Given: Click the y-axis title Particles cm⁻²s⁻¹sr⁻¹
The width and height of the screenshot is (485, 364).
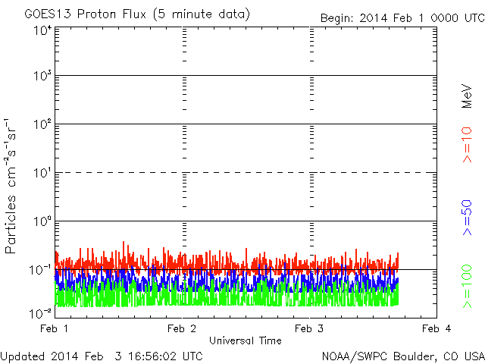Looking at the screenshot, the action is pyautogui.click(x=11, y=187).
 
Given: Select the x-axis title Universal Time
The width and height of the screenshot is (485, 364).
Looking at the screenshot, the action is pyautogui.click(x=246, y=340).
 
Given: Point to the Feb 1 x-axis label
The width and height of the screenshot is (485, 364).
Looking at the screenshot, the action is pyautogui.click(x=54, y=328).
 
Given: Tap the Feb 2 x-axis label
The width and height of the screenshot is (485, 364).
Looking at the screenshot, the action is pyautogui.click(x=182, y=328).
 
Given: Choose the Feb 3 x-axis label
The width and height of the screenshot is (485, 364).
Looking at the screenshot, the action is pyautogui.click(x=309, y=328).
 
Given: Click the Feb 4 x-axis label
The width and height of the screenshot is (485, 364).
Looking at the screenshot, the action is pyautogui.click(x=436, y=328).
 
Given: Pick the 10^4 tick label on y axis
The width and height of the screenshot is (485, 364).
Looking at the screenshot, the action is pyautogui.click(x=42, y=30).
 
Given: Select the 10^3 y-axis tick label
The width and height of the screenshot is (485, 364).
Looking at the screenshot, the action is pyautogui.click(x=42, y=76).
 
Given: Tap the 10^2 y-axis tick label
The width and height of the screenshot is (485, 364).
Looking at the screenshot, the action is pyautogui.click(x=42, y=124).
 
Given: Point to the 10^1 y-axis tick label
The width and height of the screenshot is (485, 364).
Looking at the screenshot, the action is pyautogui.click(x=42, y=173).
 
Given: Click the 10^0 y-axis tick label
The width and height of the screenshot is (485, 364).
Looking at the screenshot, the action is pyautogui.click(x=42, y=221).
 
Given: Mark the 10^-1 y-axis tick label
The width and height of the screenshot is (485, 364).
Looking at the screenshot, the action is pyautogui.click(x=40, y=270).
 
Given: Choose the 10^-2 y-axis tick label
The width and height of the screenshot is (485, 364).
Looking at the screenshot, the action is pyautogui.click(x=40, y=314).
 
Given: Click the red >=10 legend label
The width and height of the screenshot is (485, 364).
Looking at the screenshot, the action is pyautogui.click(x=468, y=145).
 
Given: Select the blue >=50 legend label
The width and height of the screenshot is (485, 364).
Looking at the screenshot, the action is pyautogui.click(x=468, y=218).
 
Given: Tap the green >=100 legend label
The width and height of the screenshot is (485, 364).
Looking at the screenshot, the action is pyautogui.click(x=468, y=287).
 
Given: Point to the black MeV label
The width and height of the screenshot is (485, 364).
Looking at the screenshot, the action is pyautogui.click(x=467, y=96).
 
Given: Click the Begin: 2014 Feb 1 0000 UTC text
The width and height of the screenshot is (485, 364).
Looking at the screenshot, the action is pyautogui.click(x=402, y=18).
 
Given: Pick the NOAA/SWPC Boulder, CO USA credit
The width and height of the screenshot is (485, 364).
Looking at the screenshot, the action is pyautogui.click(x=403, y=356).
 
